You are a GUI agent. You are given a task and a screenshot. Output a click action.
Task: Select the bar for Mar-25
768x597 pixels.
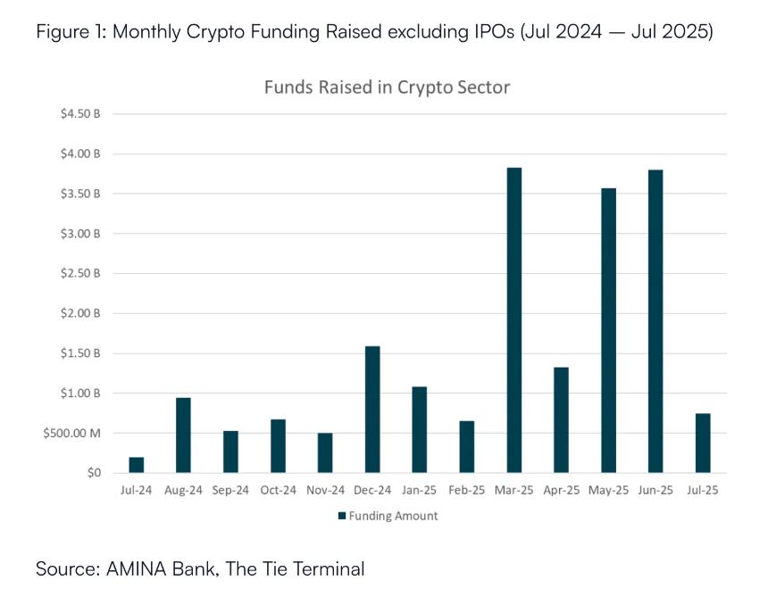(514, 320)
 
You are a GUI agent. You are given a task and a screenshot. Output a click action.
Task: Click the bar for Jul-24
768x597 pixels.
(137, 465)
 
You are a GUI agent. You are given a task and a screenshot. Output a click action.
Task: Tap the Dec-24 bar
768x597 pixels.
(372, 410)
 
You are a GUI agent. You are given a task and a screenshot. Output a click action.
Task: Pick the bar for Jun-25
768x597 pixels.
(655, 321)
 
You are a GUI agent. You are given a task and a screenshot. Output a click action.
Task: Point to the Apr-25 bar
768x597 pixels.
(561, 420)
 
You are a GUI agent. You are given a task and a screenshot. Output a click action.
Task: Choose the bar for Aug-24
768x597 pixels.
(183, 435)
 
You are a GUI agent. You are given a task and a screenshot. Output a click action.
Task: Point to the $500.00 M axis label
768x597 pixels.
(72, 433)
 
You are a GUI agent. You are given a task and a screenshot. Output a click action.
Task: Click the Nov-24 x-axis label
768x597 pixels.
(325, 490)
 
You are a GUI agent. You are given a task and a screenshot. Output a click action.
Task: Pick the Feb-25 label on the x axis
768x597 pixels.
(467, 490)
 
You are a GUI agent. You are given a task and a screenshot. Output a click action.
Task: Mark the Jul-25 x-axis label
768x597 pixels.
(703, 490)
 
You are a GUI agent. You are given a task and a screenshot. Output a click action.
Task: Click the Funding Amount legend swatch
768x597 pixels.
(342, 516)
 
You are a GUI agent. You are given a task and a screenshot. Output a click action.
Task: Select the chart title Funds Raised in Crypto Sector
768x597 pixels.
(387, 87)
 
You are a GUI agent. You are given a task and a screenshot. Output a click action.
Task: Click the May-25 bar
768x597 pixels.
(608, 331)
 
